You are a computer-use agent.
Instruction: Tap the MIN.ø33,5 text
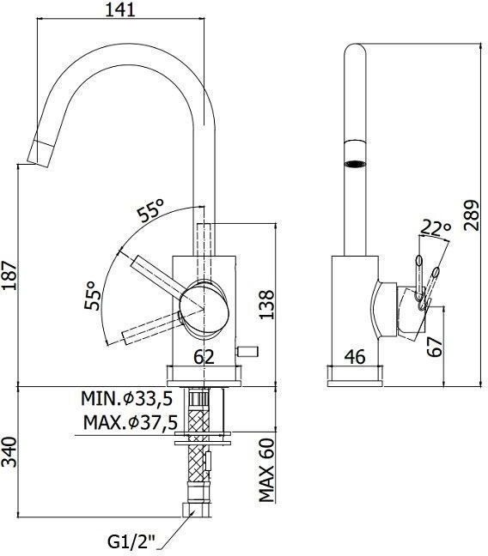click(x=126, y=399)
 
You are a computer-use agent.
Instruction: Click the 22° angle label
click(x=435, y=229)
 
